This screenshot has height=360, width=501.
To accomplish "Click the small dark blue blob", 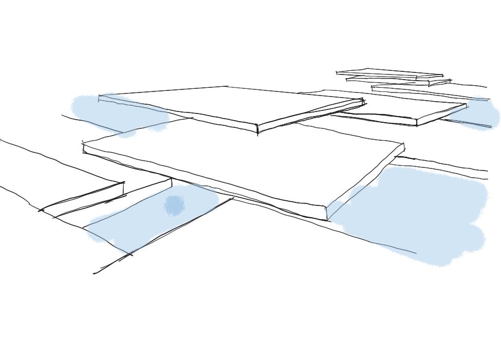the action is pyautogui.click(x=175, y=205).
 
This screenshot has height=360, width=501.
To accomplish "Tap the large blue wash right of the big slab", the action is pyautogui.click(x=421, y=216).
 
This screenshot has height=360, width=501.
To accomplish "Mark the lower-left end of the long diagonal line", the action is pyautogui.click(x=94, y=273).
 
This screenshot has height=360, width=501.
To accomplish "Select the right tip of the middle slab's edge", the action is pyautogui.click(x=364, y=101).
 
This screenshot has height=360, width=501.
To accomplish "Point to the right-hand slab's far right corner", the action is pyautogui.click(x=466, y=105).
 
